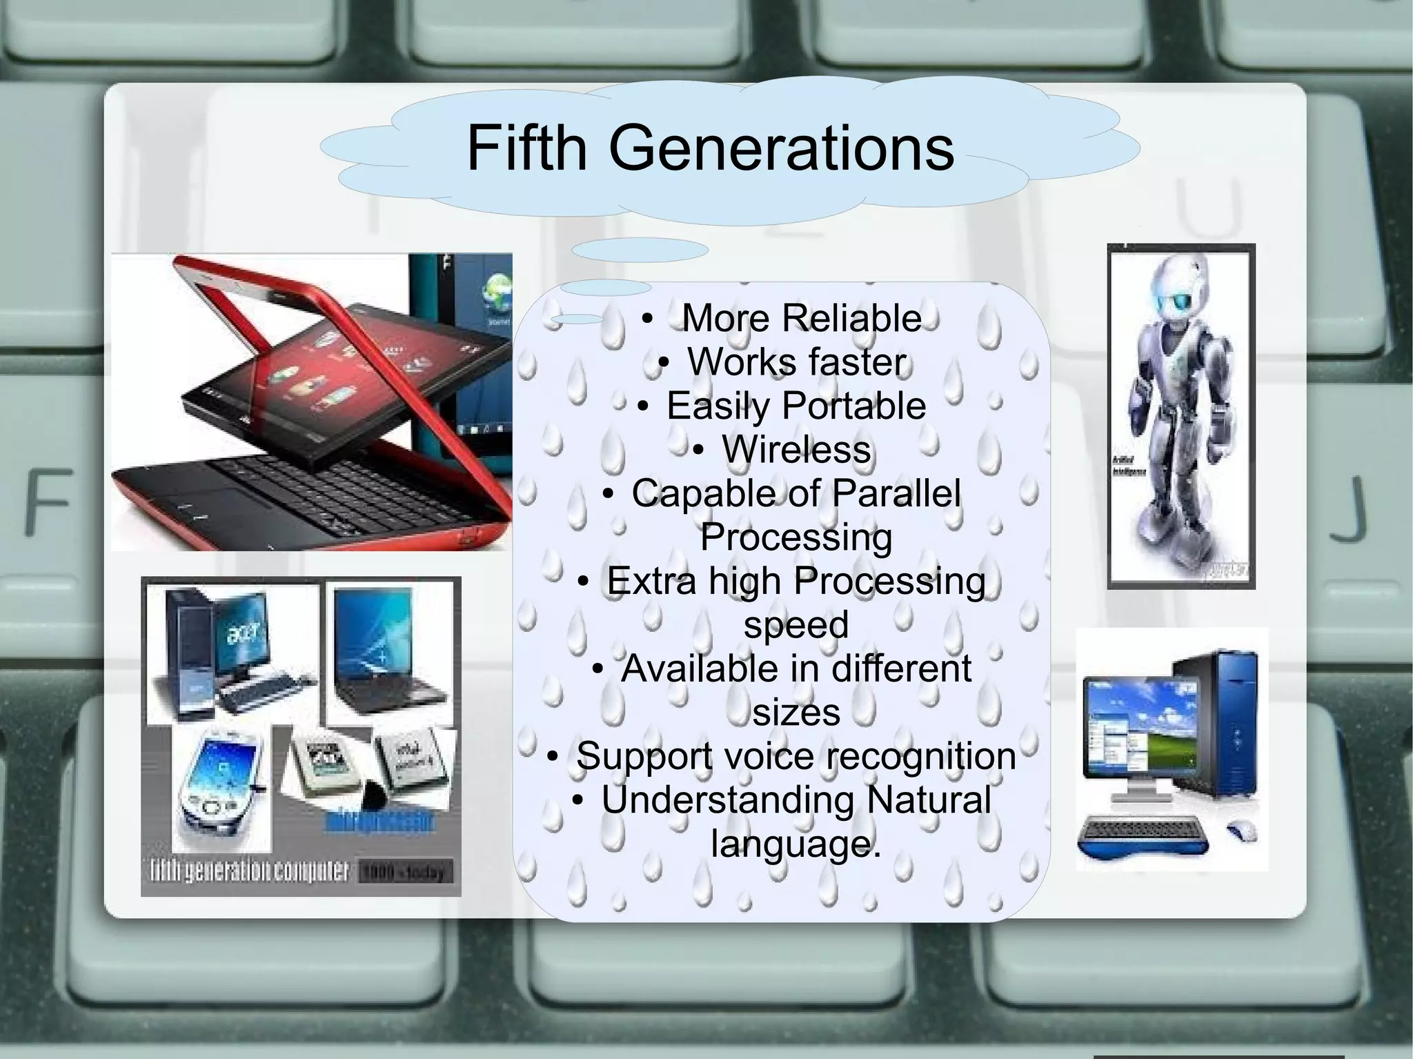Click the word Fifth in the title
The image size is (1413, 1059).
click(x=526, y=148)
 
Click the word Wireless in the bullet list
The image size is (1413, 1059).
click(x=796, y=450)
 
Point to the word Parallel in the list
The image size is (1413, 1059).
click(x=896, y=494)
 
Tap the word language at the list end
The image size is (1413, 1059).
click(x=796, y=844)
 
